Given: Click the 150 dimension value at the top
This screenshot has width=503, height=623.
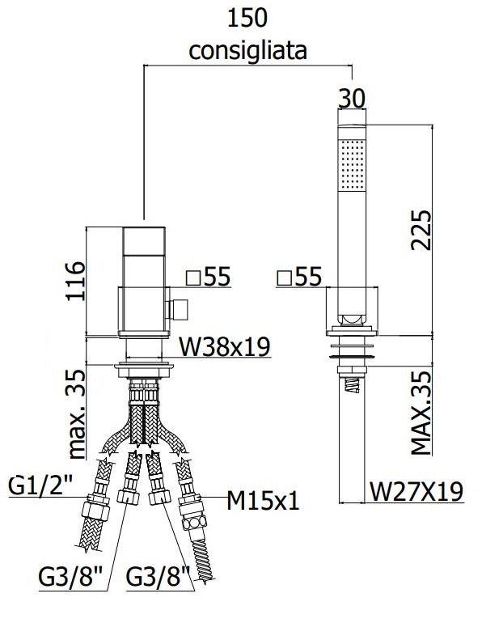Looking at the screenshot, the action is (x=247, y=18).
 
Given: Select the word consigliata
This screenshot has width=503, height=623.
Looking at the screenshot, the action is (x=247, y=51).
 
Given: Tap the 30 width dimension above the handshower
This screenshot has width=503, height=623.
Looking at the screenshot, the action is (x=351, y=98).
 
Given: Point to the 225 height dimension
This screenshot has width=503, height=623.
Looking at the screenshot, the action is (x=421, y=230).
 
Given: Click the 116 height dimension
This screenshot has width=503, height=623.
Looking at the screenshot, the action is (x=75, y=281).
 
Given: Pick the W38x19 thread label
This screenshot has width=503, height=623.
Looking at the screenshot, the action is (x=224, y=346).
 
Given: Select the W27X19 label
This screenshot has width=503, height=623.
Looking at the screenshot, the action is (x=416, y=491).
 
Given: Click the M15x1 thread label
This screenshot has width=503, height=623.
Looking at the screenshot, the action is (x=263, y=501).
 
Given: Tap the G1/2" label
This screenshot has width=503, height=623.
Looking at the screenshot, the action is (x=40, y=485).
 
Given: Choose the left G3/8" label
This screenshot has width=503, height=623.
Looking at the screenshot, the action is (x=70, y=577).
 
